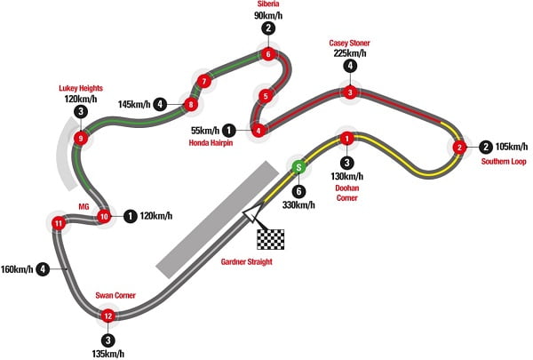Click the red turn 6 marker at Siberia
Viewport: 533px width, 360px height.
(x=268, y=55)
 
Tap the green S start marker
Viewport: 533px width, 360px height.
(x=299, y=166)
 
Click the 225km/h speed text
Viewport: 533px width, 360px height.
(x=350, y=52)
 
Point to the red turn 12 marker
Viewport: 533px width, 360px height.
(x=108, y=316)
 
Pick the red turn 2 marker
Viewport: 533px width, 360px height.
(x=459, y=148)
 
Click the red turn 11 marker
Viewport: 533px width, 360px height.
(x=58, y=222)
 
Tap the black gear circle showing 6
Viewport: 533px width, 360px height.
(x=299, y=189)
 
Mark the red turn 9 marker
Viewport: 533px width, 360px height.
(x=81, y=138)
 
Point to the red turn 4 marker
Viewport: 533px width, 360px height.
(x=259, y=131)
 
